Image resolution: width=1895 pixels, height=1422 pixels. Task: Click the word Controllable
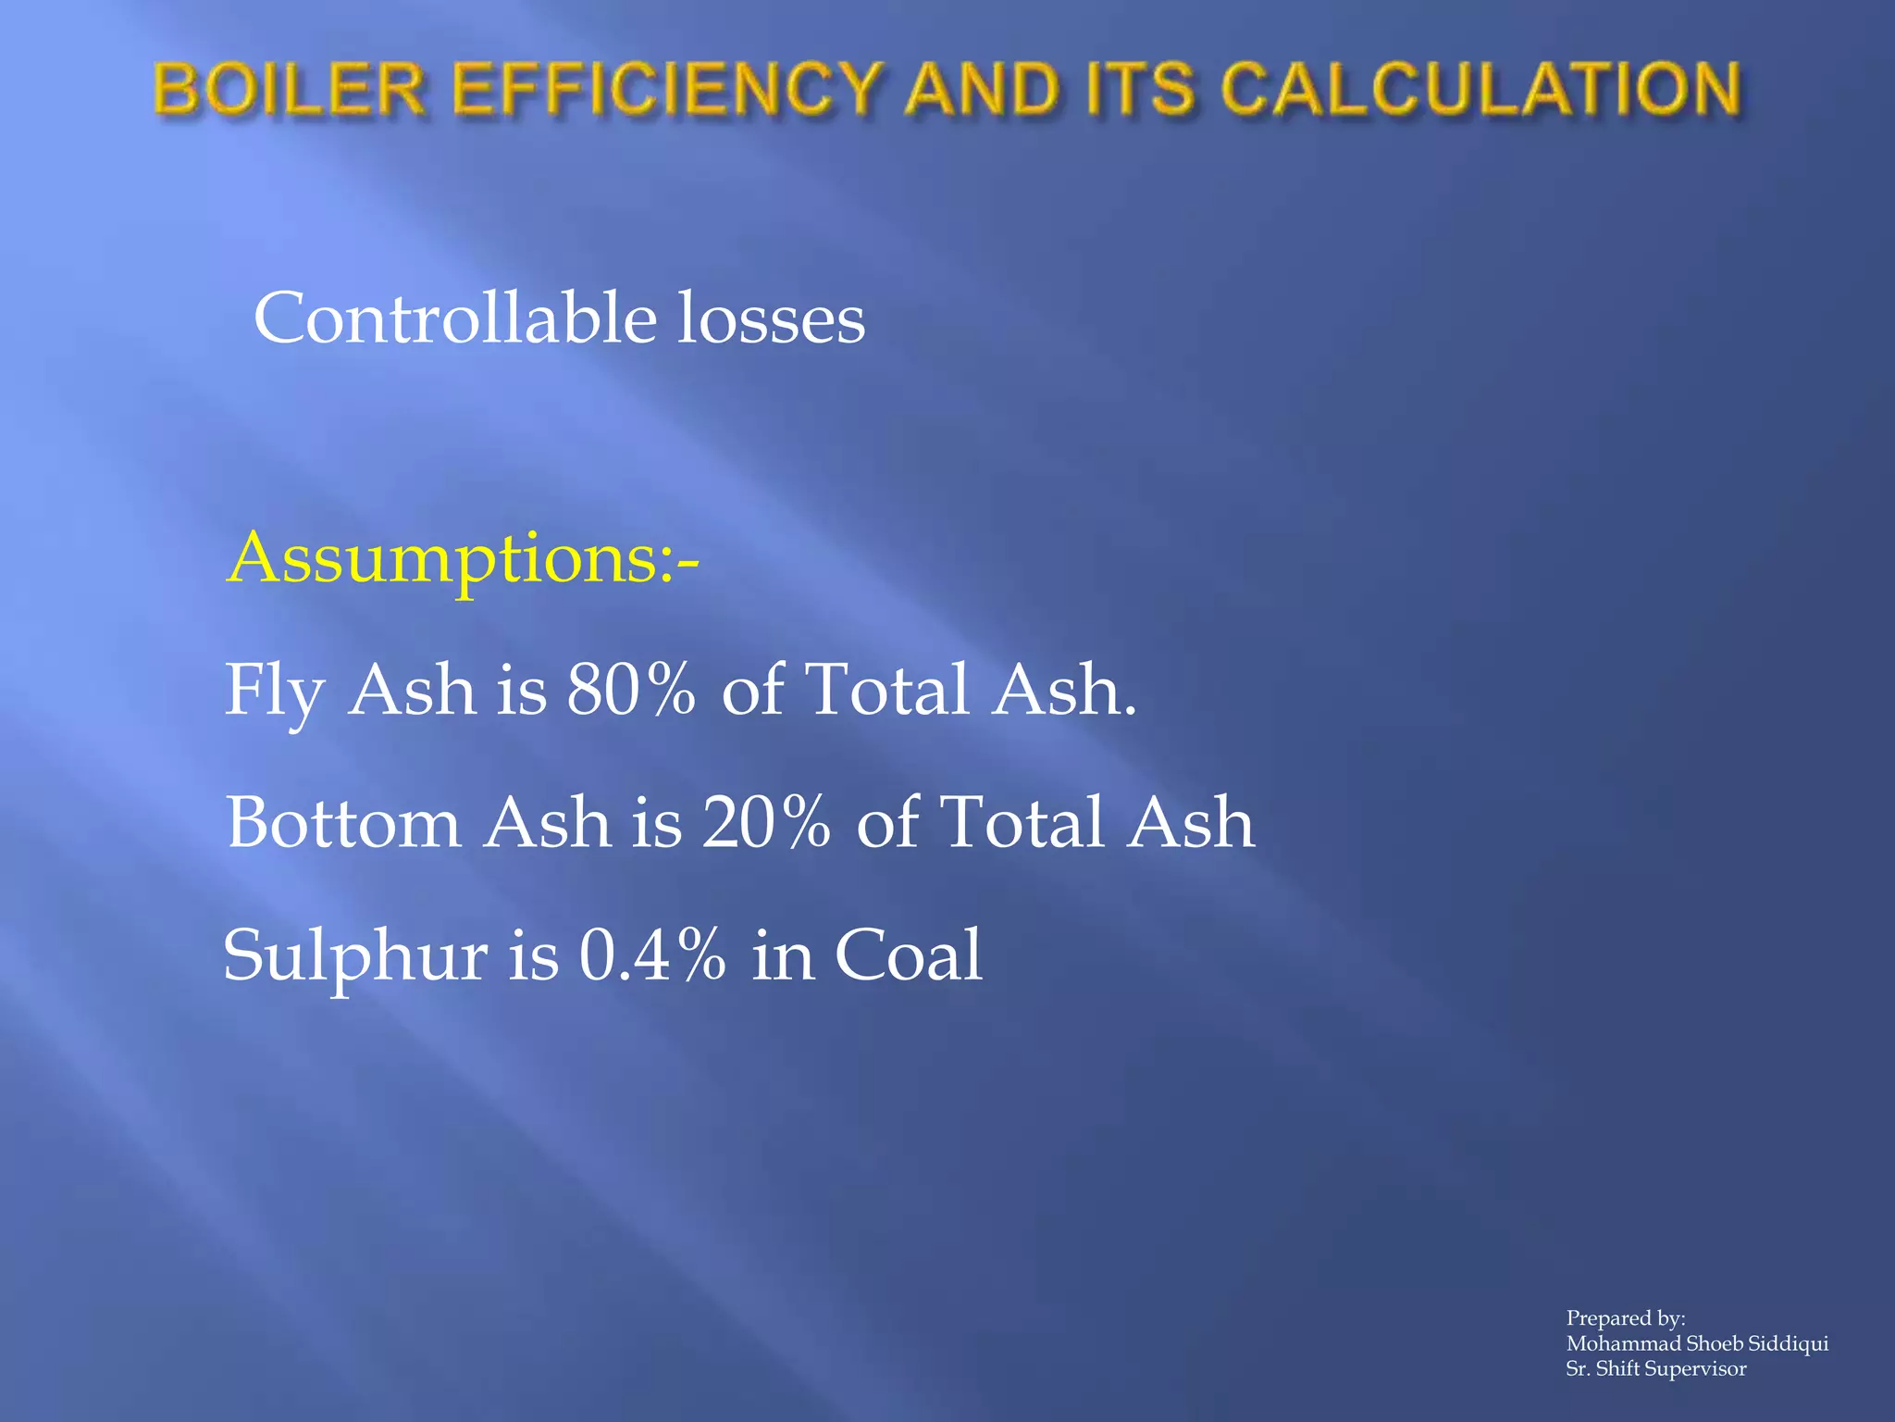click(x=455, y=318)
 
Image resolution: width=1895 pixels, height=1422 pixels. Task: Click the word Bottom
click(x=343, y=822)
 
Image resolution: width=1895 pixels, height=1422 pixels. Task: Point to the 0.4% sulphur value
click(x=652, y=954)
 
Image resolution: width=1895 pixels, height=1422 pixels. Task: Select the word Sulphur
click(x=355, y=956)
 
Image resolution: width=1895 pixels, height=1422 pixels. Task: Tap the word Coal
click(x=908, y=954)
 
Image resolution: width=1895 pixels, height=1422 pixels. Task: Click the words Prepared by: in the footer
click(x=1625, y=1317)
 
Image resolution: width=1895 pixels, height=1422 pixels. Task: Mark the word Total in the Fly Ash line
click(x=889, y=690)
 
